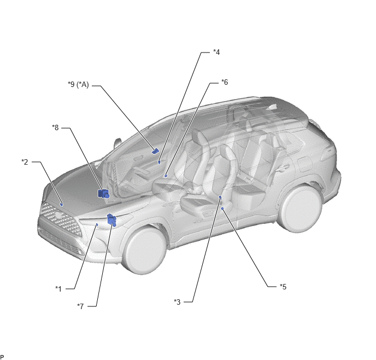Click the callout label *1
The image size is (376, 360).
[58, 289]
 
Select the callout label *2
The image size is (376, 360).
[25, 162]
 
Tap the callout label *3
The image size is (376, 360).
[177, 302]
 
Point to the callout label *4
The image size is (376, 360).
[216, 52]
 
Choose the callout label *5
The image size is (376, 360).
[283, 287]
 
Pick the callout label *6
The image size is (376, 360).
[225, 82]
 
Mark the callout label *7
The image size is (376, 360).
[80, 306]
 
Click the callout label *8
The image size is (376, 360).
[55, 127]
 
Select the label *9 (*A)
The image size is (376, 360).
[78, 84]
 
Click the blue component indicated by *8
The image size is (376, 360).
[103, 194]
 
